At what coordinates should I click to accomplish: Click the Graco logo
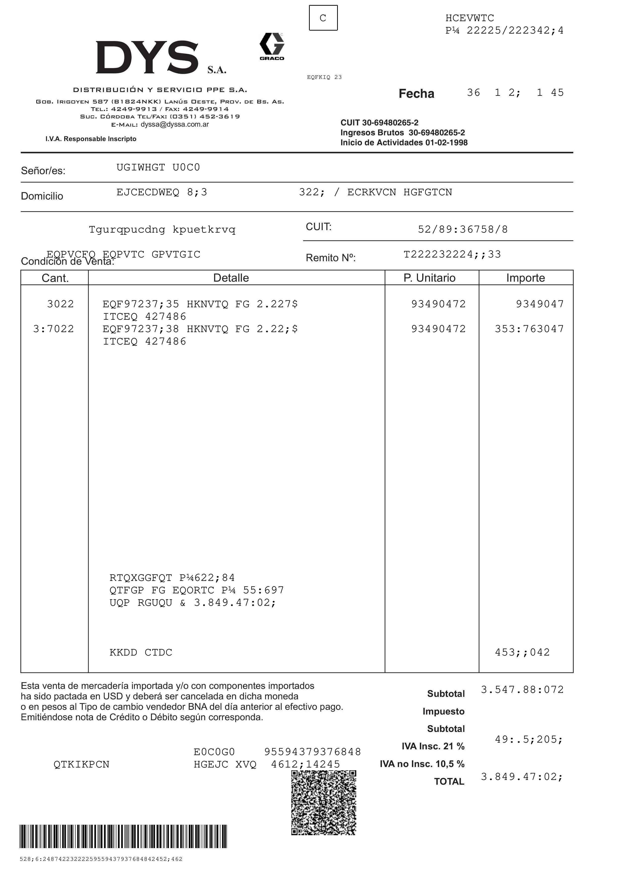[272, 46]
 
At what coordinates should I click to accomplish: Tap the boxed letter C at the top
[323, 18]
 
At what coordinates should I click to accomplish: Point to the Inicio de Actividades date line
[404, 143]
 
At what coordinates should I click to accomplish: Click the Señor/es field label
[43, 171]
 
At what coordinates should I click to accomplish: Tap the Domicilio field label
[42, 196]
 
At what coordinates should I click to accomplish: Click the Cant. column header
[55, 278]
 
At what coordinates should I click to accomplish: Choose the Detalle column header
[231, 278]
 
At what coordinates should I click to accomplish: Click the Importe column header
[525, 278]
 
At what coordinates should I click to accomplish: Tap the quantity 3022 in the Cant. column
[60, 304]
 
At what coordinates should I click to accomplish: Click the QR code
[324, 803]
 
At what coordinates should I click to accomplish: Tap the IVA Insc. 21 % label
[433, 746]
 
